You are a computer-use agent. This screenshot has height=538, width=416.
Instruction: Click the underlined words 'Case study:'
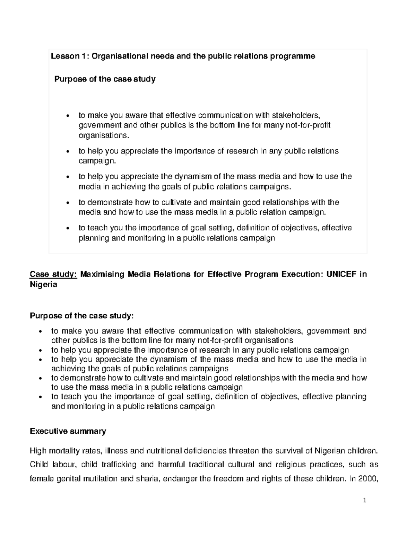click(53, 274)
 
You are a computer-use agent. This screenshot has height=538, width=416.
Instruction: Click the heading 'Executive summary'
click(68, 431)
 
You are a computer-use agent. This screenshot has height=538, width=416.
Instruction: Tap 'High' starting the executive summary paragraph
click(38, 451)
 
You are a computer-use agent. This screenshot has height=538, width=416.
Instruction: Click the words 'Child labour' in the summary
click(50, 465)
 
